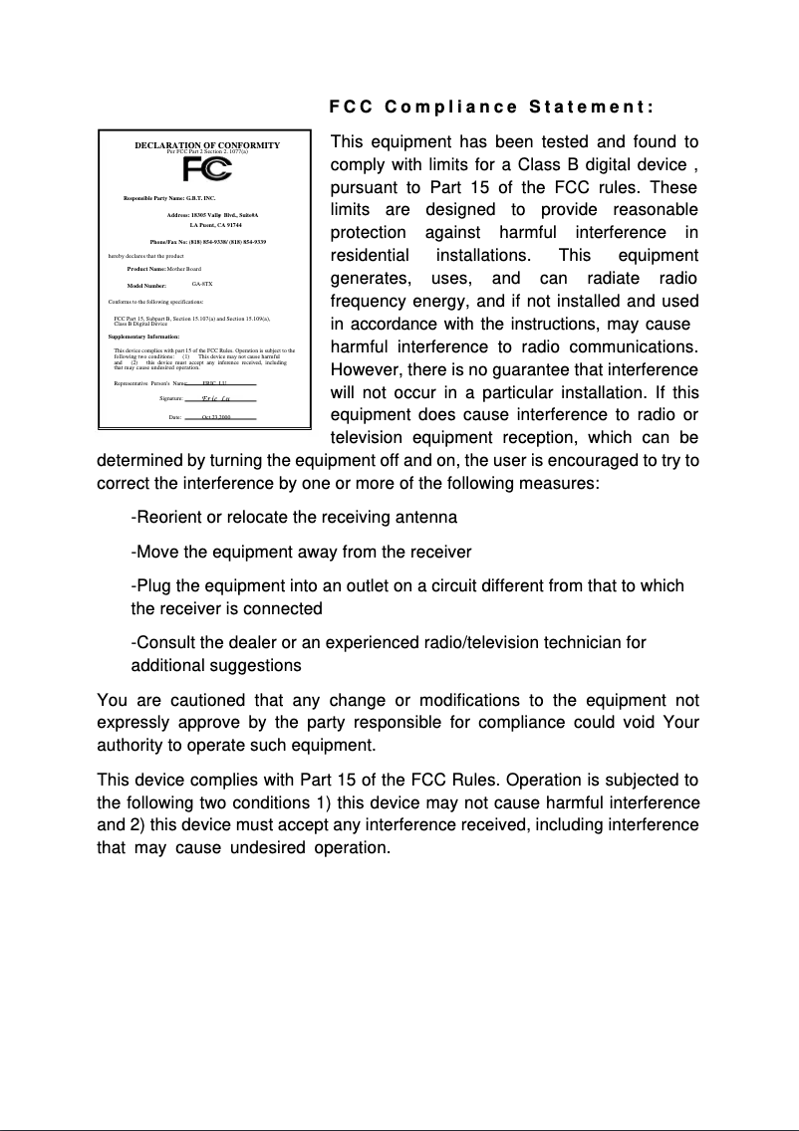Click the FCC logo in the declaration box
coord(207,168)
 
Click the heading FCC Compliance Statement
coord(491,107)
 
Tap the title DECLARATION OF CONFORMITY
coord(207,145)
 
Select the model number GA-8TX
coord(202,284)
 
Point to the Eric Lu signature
coord(212,398)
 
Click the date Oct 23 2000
coord(216,416)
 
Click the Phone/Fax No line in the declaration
coord(207,242)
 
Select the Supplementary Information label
coord(143,338)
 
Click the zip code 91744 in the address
coord(231,226)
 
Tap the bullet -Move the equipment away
coord(301,552)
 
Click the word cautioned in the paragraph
coord(193,700)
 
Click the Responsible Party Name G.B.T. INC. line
coord(169,199)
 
